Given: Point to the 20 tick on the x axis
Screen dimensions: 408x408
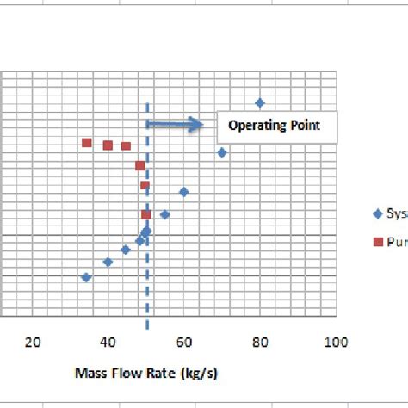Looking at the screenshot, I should point(33,342).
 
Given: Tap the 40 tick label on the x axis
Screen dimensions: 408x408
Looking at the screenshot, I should point(108,342).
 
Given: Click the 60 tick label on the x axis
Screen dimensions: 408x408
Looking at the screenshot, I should point(183,342).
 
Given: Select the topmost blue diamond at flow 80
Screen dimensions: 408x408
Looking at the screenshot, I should point(259,102).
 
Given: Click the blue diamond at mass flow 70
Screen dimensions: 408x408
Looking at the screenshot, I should point(222,152).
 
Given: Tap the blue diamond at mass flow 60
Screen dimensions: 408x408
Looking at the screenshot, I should point(183,192).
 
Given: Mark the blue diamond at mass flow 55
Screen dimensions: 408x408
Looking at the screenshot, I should point(164,214).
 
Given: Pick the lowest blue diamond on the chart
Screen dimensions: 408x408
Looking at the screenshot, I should point(85,277).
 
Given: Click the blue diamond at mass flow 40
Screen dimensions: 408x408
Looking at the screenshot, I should point(108,262).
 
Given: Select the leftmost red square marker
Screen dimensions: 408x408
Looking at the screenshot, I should point(86,143).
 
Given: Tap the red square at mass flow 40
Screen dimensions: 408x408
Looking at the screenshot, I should point(108,145).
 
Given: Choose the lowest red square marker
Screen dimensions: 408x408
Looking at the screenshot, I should point(145,214).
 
